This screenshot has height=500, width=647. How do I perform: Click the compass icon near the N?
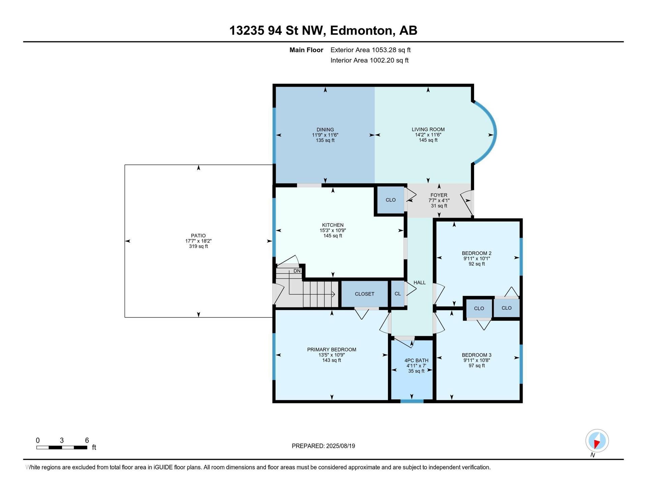(597, 440)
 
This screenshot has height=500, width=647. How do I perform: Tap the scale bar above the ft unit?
(62, 447)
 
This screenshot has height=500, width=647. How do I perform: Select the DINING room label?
(325, 129)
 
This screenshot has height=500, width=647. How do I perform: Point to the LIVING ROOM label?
(428, 129)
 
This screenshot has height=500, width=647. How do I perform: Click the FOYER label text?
(439, 195)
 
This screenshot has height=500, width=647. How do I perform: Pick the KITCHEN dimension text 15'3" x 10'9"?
(333, 230)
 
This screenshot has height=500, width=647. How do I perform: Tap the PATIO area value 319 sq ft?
(198, 246)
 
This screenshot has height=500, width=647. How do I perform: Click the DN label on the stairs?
(297, 271)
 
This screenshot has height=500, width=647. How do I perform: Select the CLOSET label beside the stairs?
(365, 294)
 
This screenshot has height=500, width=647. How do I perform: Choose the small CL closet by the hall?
(398, 294)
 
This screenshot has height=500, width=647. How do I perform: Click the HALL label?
(420, 283)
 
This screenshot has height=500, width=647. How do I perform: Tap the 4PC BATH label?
(417, 361)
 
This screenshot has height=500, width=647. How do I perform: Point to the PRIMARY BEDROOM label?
(332, 350)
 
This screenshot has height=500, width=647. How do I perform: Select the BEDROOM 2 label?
(476, 253)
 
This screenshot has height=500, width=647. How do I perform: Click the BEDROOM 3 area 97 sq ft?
(476, 366)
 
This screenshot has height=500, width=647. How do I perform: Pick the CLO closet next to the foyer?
(391, 200)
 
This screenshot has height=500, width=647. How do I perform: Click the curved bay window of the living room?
(494, 133)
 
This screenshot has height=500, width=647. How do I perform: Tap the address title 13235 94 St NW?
(278, 31)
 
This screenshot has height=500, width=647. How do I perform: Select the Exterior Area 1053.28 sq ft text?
(370, 50)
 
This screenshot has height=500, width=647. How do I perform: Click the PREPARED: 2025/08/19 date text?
(323, 446)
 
